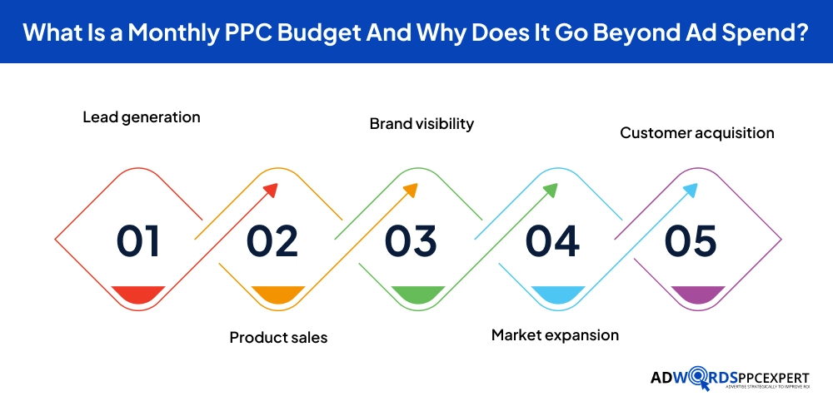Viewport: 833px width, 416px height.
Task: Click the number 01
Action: (138, 240)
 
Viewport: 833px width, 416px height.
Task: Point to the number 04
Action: (552, 240)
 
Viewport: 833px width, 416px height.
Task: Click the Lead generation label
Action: (142, 117)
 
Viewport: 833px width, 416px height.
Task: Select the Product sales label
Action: (278, 337)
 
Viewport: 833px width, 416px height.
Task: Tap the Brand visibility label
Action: (421, 124)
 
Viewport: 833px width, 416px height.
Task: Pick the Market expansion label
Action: (555, 335)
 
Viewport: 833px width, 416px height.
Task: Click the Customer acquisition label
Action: (697, 133)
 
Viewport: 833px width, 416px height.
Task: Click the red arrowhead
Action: (270, 191)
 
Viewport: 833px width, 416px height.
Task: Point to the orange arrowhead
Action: (410, 191)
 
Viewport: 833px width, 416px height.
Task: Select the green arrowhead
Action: (550, 191)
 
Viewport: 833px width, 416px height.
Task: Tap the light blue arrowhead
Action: (690, 191)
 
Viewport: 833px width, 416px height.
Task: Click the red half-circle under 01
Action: (138, 293)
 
